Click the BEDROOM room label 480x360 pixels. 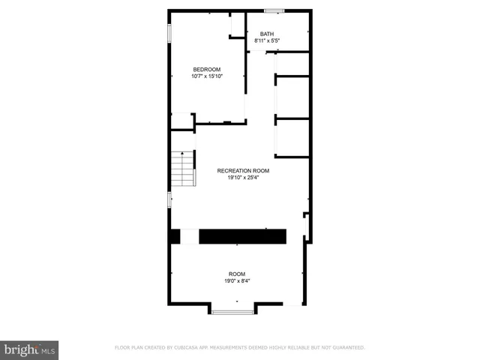[x=207, y=70]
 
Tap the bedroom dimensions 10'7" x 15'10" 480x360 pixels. [x=207, y=76]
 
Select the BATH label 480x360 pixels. [x=267, y=34]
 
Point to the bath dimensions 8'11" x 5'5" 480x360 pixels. [x=267, y=40]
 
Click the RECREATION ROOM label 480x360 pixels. [x=243, y=171]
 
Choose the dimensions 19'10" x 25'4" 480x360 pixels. [x=243, y=178]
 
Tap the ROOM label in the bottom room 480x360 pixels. [x=237, y=274]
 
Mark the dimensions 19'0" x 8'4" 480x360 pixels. [x=237, y=280]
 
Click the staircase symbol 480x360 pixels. [x=182, y=169]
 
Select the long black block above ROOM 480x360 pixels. [x=242, y=236]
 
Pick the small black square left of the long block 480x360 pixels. [x=174, y=236]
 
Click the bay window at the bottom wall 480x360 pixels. [x=232, y=310]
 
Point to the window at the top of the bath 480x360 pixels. [x=274, y=10]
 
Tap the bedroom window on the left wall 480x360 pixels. [x=169, y=34]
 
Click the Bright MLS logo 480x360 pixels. [x=29, y=349]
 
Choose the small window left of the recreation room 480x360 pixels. [x=169, y=199]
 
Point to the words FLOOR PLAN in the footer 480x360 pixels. [x=127, y=348]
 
